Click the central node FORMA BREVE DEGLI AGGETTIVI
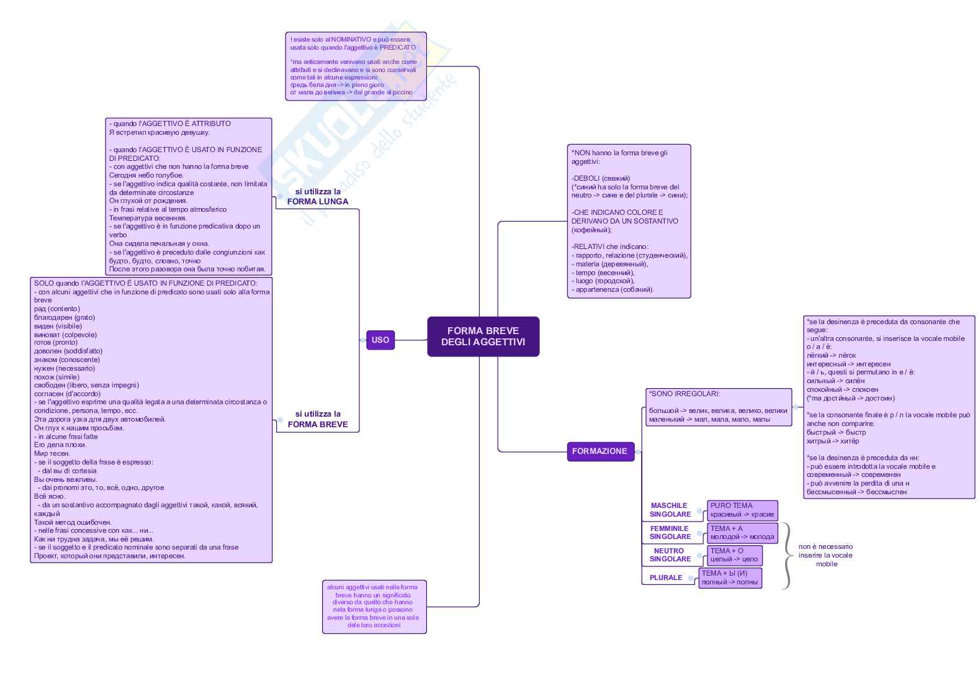tap(483, 337)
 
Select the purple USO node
tap(380, 340)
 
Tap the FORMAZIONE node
tap(600, 451)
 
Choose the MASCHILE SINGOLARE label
tap(670, 510)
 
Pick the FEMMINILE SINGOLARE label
tap(670, 533)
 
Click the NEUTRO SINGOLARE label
tap(670, 555)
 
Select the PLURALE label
tap(666, 577)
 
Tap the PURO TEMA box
tap(742, 510)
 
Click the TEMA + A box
tap(742, 533)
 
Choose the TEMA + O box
tap(734, 555)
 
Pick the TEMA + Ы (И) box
tap(730, 577)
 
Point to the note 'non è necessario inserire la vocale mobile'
tap(825, 555)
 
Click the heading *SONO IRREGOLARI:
tap(685, 394)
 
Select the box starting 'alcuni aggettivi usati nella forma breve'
tap(374, 606)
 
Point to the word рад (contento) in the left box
tap(56, 309)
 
